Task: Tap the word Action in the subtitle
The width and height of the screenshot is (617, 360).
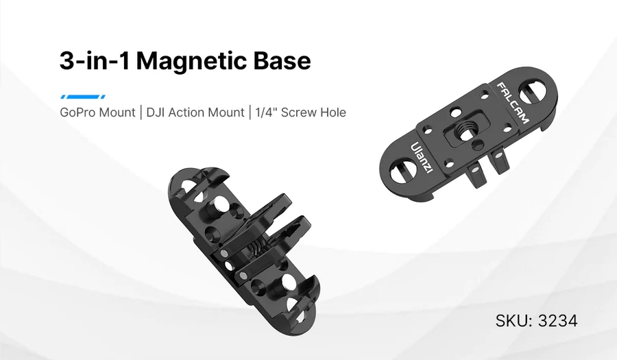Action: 191,112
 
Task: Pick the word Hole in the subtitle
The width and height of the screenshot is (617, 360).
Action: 334,112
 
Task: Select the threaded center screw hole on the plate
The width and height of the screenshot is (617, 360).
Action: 465,130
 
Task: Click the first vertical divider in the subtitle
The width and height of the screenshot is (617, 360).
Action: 141,112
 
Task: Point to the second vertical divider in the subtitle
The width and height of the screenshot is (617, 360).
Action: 250,112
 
